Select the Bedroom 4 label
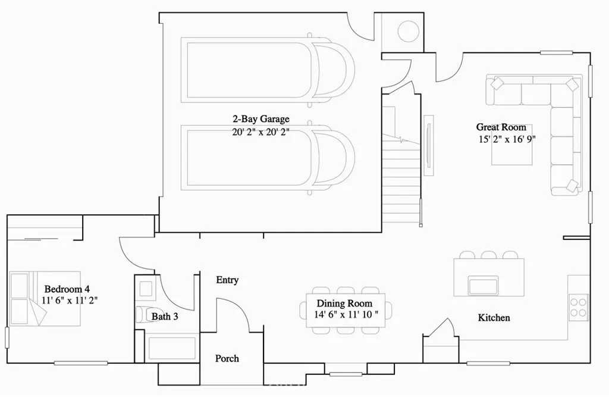click(67, 289)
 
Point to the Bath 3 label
click(165, 317)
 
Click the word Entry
click(227, 280)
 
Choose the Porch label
click(227, 358)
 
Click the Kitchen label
click(494, 318)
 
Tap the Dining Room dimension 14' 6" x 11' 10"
click(347, 315)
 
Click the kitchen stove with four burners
click(578, 306)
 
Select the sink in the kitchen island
click(483, 285)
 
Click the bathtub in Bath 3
click(171, 349)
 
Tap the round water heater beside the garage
click(408, 32)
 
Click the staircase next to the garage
click(401, 179)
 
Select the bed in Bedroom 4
click(45, 299)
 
